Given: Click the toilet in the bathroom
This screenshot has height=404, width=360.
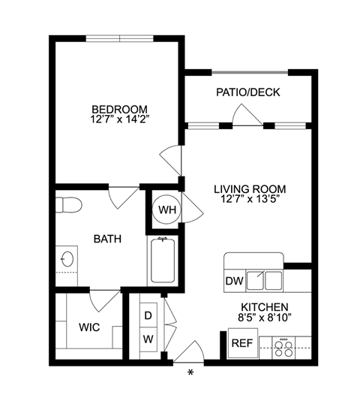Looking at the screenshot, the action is (69, 205).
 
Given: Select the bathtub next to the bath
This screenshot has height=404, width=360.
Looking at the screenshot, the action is (163, 261).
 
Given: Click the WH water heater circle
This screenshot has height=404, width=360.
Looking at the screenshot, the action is (166, 210).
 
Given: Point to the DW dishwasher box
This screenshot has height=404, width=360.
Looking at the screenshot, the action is (235, 281).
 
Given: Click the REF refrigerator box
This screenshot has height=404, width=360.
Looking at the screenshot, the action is (243, 343).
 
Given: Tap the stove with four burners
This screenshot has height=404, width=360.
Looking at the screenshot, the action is (283, 348).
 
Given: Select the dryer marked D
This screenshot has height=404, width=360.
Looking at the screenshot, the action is (148, 315).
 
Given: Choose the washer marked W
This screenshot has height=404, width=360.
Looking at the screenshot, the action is (148, 339).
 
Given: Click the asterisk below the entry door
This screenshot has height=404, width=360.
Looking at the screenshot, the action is (190, 372).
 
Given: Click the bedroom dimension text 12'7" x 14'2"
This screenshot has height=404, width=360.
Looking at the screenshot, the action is (120, 119).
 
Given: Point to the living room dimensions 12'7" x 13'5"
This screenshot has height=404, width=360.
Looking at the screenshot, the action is (250, 199).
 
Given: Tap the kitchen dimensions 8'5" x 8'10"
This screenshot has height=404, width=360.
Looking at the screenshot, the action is (265, 318).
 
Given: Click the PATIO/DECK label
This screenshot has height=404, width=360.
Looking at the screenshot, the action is (248, 92).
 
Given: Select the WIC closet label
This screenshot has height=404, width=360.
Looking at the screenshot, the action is (89, 327).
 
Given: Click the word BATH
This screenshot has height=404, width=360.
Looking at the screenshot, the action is (107, 239).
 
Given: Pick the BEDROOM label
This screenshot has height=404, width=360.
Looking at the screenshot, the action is (120, 109).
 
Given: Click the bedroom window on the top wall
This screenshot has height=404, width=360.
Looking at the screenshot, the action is (119, 38).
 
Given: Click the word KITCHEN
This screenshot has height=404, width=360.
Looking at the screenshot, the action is (265, 307).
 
